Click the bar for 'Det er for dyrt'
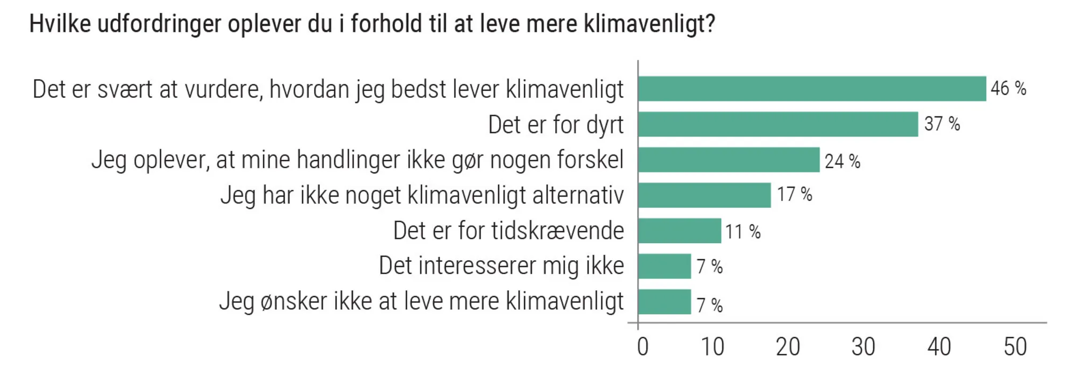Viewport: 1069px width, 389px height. (778, 125)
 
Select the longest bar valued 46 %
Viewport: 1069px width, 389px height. (811, 89)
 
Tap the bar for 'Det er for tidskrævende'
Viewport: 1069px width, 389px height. (679, 231)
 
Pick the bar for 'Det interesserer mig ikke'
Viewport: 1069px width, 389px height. (664, 266)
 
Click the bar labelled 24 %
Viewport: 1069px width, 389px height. (729, 160)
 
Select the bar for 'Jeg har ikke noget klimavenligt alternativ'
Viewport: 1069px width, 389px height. (704, 195)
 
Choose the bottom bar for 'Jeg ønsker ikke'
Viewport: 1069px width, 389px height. (664, 302)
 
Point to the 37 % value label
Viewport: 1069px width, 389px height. (942, 124)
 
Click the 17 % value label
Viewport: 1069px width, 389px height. (794, 194)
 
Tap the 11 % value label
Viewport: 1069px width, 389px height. (742, 232)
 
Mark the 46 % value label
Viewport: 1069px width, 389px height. (1008, 88)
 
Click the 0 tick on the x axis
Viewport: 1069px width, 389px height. (642, 347)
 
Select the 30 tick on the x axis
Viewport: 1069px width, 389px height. (863, 347)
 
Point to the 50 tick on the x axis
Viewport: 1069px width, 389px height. (1014, 347)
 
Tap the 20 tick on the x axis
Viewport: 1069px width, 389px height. (788, 347)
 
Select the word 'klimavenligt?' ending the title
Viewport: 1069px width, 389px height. (649, 25)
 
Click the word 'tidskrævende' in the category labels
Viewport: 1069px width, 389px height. (557, 231)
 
